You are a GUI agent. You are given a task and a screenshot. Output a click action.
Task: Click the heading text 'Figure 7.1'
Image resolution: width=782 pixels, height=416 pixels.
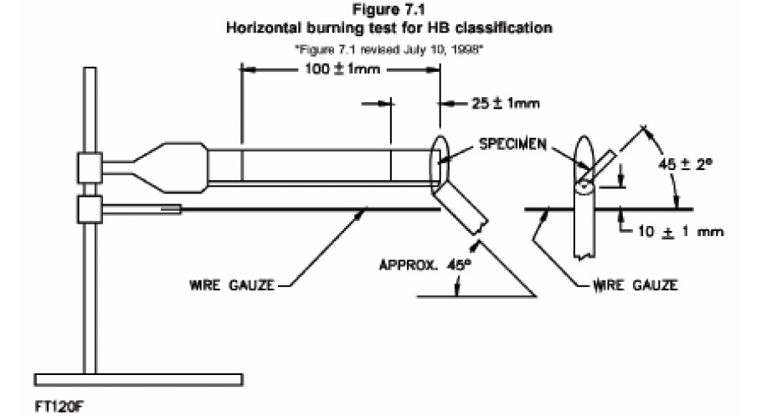tap(389, 11)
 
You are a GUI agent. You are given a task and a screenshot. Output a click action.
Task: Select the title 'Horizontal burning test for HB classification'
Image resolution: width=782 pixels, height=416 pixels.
tap(389, 28)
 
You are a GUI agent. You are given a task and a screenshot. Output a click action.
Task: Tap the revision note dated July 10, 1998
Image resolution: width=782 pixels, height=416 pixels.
tap(390, 49)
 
